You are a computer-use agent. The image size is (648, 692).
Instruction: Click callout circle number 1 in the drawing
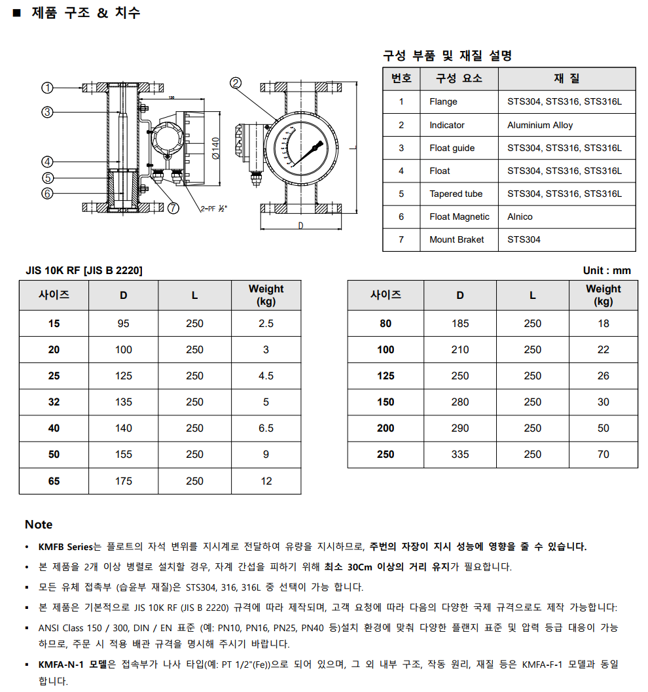(x=47, y=88)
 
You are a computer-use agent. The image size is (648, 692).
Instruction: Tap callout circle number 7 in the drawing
(x=173, y=208)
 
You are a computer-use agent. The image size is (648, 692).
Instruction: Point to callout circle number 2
(x=236, y=83)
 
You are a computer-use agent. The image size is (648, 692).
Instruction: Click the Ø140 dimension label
(x=217, y=148)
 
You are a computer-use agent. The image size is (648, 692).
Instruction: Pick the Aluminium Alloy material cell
(x=540, y=125)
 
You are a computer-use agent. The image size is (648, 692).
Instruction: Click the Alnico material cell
(x=520, y=216)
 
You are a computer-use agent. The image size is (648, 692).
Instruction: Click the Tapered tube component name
(x=456, y=194)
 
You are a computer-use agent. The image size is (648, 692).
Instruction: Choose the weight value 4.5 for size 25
(x=266, y=376)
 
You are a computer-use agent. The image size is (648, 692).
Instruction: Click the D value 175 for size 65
(x=124, y=481)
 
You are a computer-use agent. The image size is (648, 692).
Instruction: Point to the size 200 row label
(x=386, y=428)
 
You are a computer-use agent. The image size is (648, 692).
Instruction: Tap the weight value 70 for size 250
(x=603, y=455)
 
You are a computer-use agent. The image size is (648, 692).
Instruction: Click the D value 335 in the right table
(x=460, y=455)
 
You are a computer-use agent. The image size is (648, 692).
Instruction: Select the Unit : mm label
(x=607, y=271)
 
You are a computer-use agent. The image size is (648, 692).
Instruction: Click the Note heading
(x=39, y=525)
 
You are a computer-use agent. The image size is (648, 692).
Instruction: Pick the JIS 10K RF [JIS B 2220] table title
(x=84, y=271)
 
